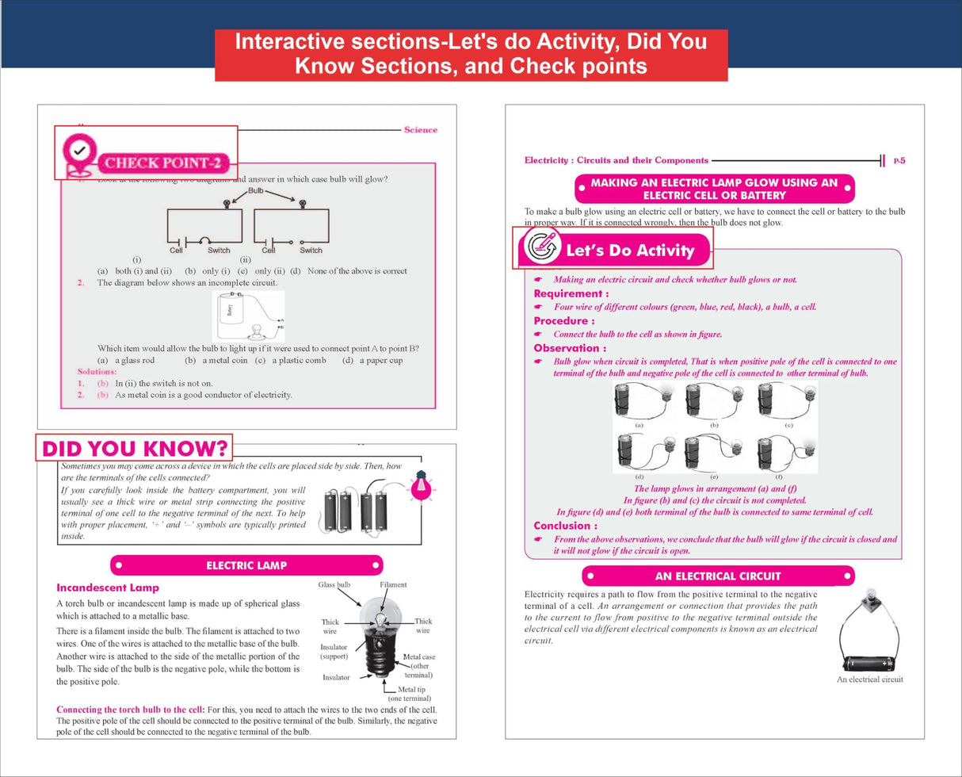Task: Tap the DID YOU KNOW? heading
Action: coord(135,449)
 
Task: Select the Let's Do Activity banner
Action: coord(615,250)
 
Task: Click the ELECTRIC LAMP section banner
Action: coord(246,565)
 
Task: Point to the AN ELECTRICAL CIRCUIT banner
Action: coord(718,576)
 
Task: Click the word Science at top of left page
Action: coord(420,129)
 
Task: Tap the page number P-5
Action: coord(899,161)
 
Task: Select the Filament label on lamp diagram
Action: coord(393,585)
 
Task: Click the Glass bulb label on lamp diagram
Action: coord(334,585)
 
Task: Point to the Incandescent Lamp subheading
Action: coord(108,588)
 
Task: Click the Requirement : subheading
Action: coord(571,293)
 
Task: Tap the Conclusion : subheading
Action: coord(565,526)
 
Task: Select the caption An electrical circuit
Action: coord(870,679)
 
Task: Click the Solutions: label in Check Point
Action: coord(96,372)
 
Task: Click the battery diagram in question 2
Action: coord(247,316)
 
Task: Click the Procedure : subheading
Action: coord(563,321)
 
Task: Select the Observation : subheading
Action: coord(570,348)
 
